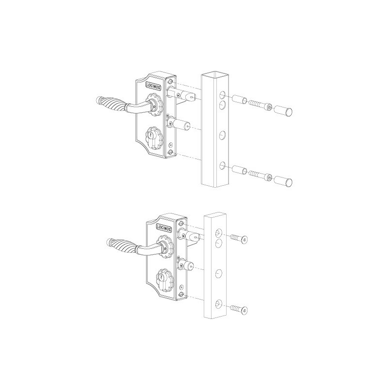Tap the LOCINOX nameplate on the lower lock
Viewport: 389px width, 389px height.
(x=164, y=228)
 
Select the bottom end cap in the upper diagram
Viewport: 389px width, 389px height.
(x=283, y=180)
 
